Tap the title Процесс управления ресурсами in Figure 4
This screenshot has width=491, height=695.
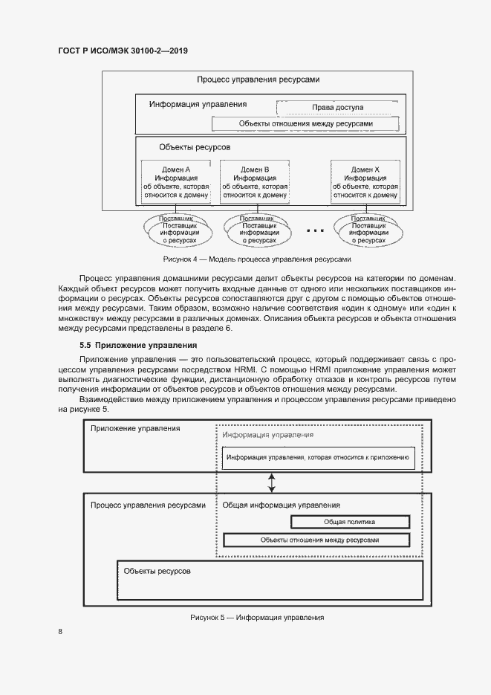258,80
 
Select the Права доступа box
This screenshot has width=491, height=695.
337,107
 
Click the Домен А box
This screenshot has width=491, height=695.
176,182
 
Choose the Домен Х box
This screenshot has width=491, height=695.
365,182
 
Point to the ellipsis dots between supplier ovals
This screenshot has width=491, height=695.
315,231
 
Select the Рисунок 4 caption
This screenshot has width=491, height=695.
256,260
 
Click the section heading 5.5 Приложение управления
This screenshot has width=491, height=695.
138,345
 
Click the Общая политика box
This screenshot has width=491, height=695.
349,522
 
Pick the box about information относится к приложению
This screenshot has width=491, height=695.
319,458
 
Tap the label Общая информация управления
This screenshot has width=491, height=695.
282,505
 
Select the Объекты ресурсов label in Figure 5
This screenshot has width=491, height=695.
157,571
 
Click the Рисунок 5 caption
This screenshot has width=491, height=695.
257,618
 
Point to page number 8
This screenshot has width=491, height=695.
60,632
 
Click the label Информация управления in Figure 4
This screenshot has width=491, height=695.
198,105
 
